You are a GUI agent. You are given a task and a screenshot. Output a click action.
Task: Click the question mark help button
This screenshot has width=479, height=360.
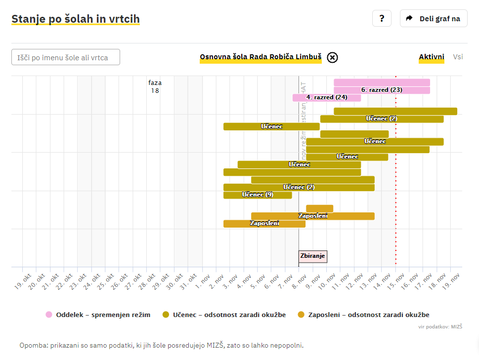382,18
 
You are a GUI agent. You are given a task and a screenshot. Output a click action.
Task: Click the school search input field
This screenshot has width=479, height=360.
66,57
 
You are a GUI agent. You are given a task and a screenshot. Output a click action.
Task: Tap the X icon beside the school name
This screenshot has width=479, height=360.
333,57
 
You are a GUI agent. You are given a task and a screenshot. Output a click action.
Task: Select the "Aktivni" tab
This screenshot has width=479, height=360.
432,57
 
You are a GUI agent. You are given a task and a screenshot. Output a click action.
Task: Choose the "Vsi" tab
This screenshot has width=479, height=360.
458,57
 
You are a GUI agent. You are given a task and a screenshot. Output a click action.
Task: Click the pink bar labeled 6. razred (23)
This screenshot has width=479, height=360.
382,90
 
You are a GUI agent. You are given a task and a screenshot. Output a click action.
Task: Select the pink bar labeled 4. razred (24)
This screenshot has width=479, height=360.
327,97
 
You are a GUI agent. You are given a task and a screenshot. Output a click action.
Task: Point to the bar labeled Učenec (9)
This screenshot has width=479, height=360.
258,195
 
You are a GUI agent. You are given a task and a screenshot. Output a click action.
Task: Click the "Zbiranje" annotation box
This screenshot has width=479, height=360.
313,256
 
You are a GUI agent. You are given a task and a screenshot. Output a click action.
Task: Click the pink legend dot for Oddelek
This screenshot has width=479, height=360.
48,315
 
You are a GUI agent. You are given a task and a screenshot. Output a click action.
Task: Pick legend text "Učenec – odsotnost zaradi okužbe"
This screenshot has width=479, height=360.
229,315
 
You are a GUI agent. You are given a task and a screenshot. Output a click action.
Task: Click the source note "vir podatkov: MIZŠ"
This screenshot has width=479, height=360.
440,326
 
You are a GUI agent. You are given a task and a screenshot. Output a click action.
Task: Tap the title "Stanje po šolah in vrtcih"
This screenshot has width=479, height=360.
76,19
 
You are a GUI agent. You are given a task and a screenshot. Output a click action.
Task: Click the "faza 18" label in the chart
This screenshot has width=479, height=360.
155,86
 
